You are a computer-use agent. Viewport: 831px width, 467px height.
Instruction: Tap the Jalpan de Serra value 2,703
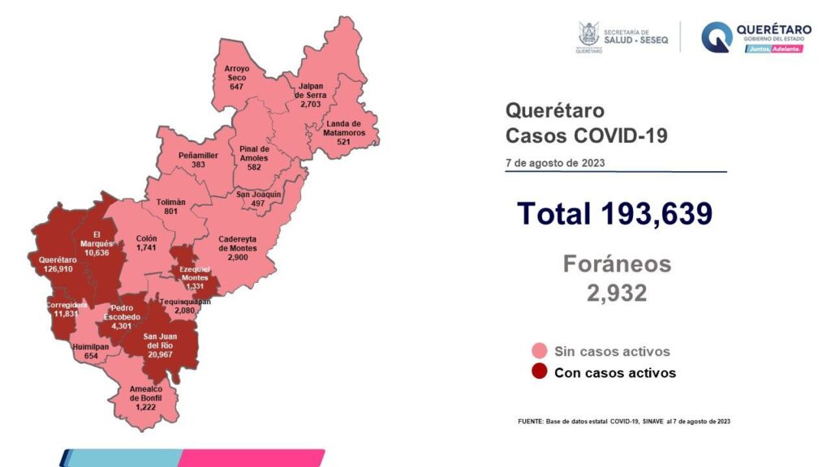click(x=310, y=105)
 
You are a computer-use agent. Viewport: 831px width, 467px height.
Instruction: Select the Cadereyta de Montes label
click(x=238, y=243)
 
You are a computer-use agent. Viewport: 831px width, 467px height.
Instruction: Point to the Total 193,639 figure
click(x=614, y=213)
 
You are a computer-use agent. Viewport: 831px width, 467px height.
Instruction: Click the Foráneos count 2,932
click(x=617, y=293)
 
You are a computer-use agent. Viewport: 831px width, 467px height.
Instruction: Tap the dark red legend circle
click(x=538, y=373)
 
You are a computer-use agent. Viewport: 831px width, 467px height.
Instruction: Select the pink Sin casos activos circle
click(x=538, y=351)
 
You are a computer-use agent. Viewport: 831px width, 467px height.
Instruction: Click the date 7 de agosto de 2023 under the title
click(x=554, y=162)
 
